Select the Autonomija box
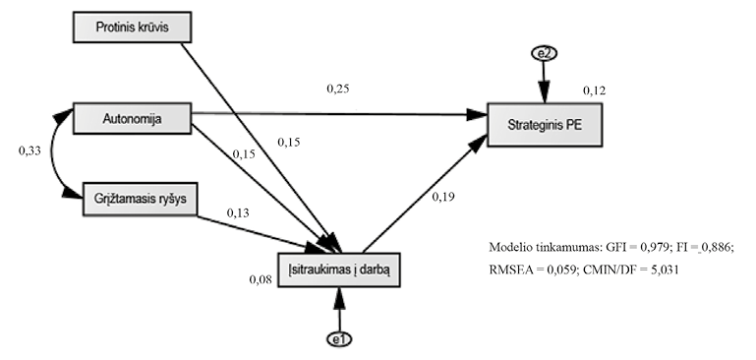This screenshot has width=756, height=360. [x=132, y=120]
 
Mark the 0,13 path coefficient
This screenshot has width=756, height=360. [x=238, y=212]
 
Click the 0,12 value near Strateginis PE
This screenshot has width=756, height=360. [x=594, y=91]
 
